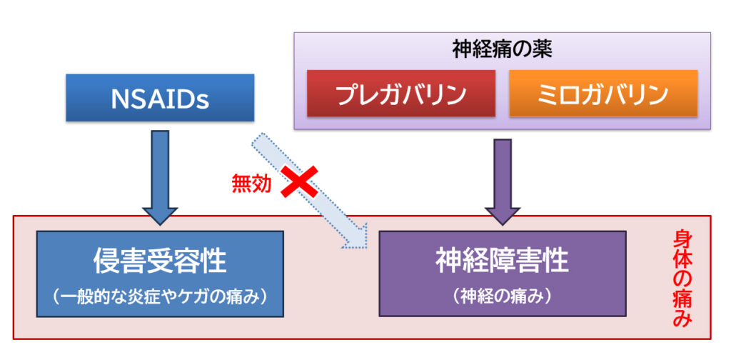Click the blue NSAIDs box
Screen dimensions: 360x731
point(159,98)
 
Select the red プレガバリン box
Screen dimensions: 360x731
point(400,93)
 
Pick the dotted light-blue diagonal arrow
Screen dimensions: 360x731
point(307,186)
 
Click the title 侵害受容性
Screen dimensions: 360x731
point(160,261)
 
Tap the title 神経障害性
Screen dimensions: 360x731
point(502,261)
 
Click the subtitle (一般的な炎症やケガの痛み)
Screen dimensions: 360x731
point(160,295)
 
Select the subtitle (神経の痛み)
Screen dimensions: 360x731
point(502,295)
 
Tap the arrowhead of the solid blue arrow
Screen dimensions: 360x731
point(160,214)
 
